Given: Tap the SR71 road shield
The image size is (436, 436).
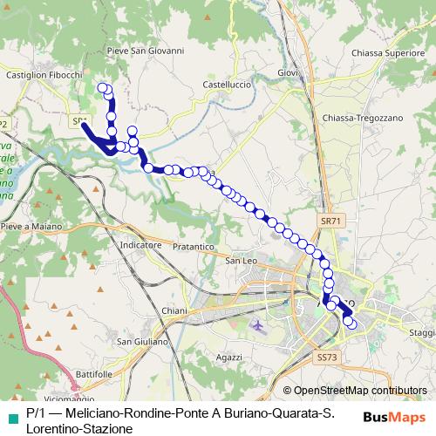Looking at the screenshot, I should click(328, 221).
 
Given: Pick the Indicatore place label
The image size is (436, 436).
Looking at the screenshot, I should click(141, 246).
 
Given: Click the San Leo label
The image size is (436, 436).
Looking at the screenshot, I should click(241, 261).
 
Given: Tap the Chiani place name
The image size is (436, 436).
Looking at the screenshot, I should click(175, 310).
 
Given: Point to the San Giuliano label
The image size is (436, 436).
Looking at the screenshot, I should click(142, 341).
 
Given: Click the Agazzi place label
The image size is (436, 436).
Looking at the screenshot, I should click(228, 358).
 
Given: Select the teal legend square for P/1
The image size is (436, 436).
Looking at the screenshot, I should click(11, 412).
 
